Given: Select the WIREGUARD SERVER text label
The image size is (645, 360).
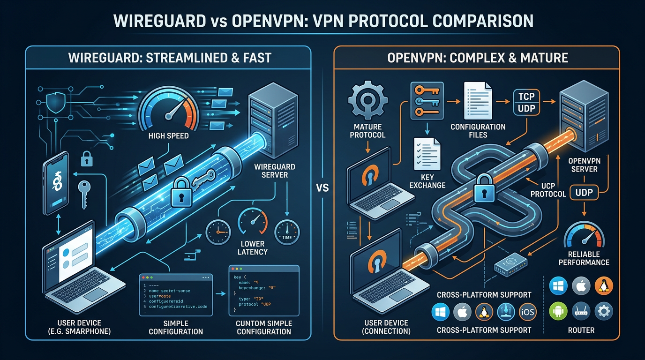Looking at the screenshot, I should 271,171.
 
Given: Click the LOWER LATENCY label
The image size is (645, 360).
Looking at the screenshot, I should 253,247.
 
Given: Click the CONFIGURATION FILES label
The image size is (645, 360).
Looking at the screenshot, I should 478,131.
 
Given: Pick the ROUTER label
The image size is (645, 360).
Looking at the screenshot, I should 581,330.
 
